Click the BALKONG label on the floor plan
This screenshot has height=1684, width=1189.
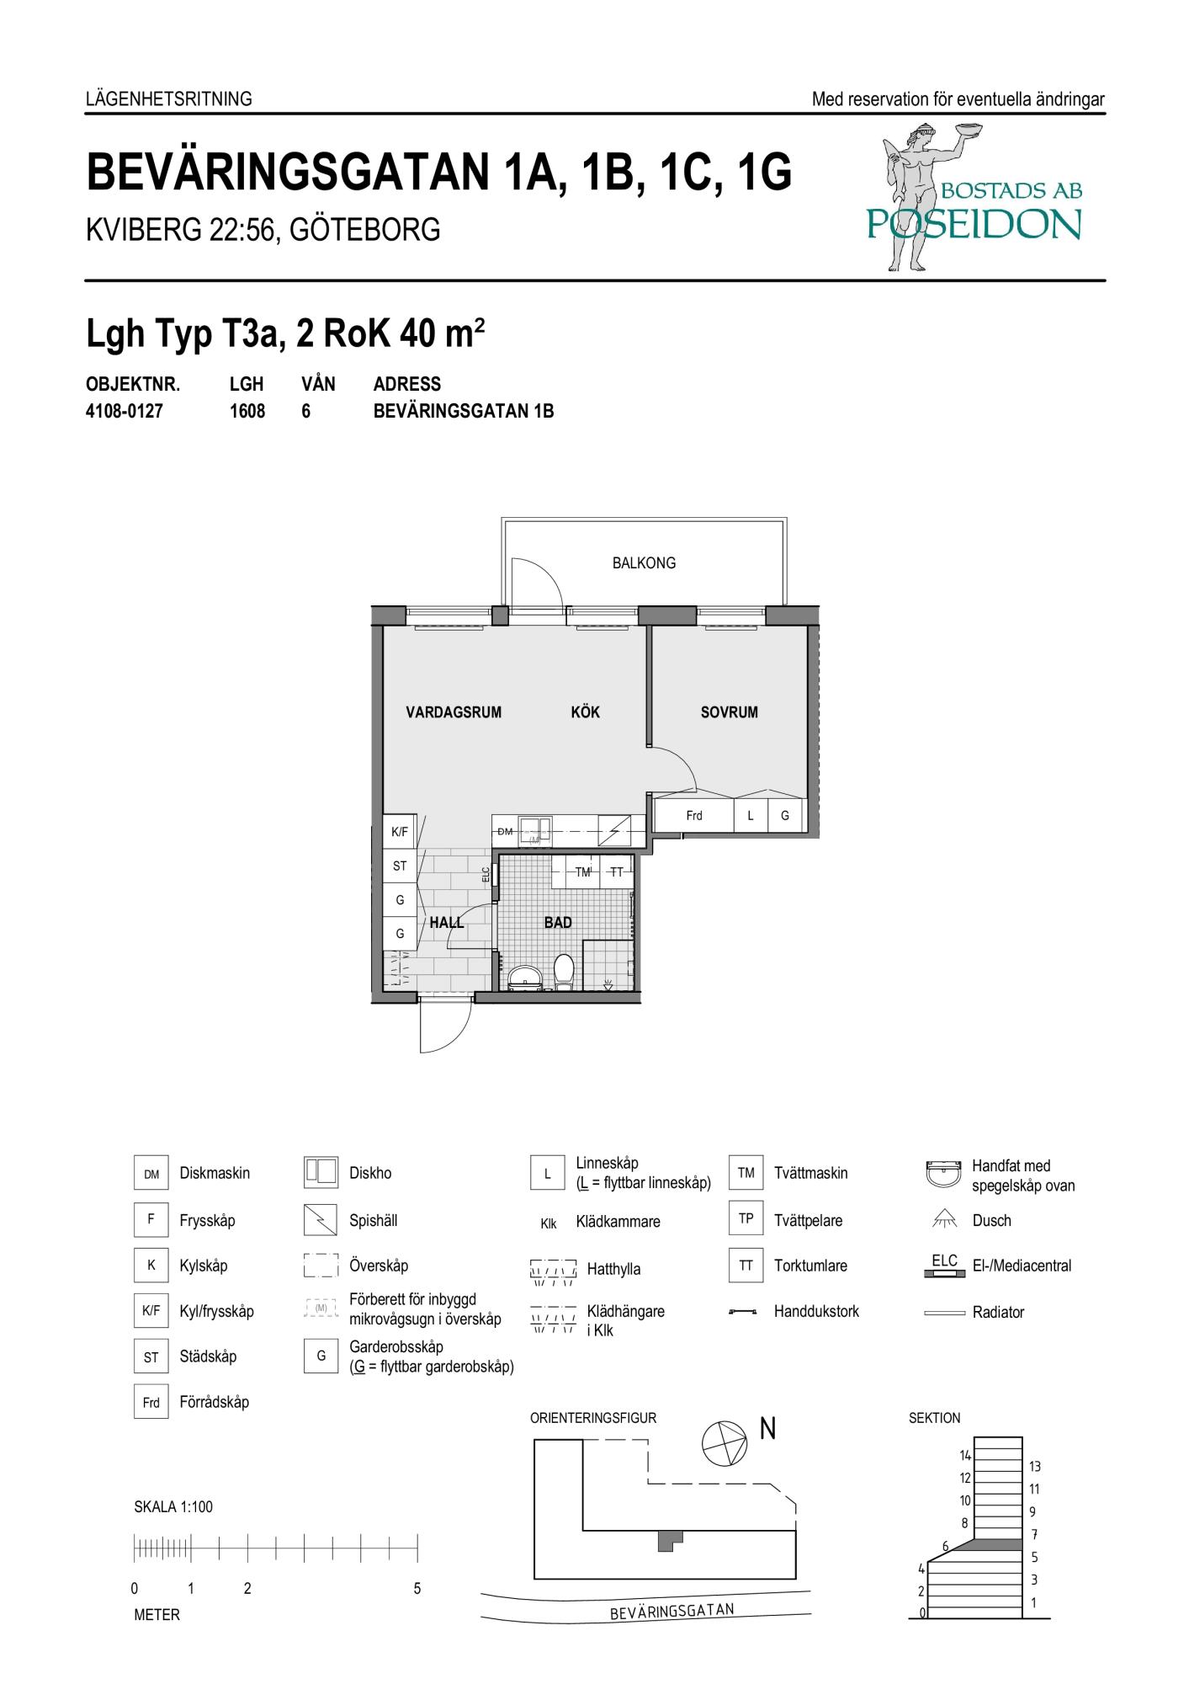[644, 563]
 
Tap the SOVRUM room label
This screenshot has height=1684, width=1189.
[729, 712]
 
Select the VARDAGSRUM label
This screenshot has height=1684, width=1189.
[454, 712]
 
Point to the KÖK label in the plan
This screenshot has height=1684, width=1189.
[585, 712]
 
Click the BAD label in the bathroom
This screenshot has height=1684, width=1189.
[558, 923]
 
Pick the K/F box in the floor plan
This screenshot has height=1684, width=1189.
[400, 833]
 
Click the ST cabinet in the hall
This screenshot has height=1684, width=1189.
[400, 866]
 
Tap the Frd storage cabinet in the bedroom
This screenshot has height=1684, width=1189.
[694, 815]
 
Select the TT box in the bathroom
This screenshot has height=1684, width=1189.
[617, 872]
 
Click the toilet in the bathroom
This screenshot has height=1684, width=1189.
[564, 972]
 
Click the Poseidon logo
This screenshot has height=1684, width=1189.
[974, 198]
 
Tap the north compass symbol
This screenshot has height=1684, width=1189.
[724, 1443]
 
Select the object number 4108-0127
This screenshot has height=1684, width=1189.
[125, 412]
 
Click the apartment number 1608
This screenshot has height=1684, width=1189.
[247, 412]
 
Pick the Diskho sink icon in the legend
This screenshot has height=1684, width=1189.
[321, 1173]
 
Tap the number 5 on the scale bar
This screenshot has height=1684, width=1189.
[417, 1589]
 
